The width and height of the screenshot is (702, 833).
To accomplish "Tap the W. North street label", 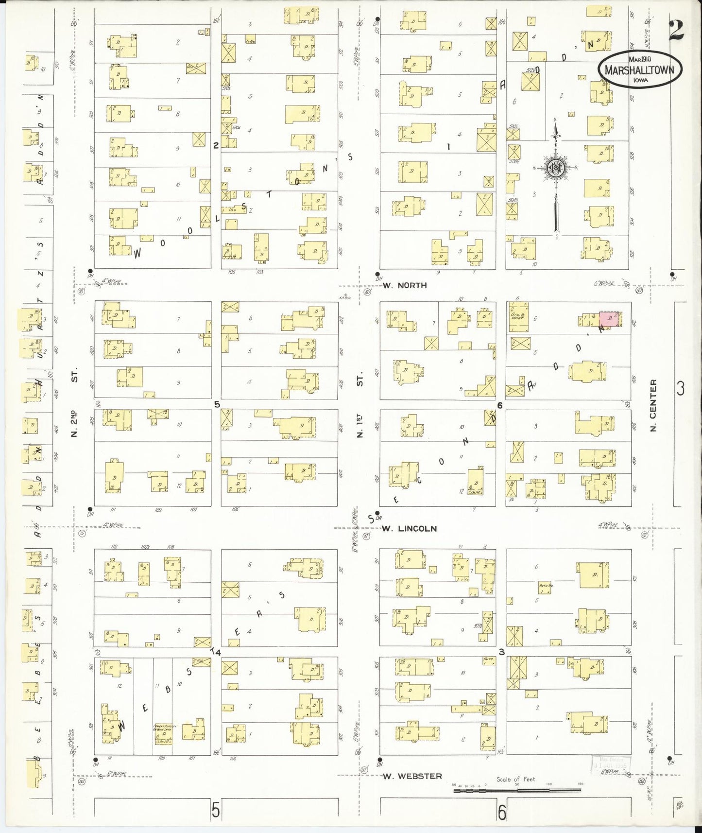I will coord(404,285).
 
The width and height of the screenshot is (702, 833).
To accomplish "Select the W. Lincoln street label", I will coord(409,528).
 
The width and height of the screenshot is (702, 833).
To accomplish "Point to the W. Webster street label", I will coord(412,776).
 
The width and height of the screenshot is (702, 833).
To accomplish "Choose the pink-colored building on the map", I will coord(609,318).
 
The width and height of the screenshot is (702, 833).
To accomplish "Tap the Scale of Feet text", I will coord(515,779).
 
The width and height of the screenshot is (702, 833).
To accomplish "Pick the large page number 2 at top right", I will coord(676,30).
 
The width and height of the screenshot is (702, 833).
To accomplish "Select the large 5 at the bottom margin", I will coord(215,811).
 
